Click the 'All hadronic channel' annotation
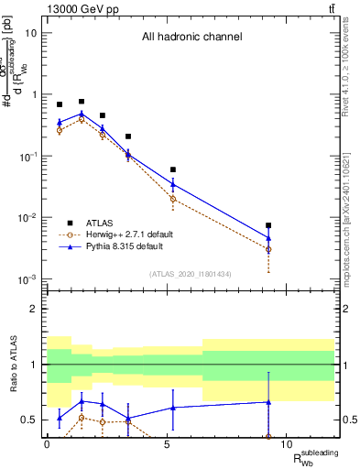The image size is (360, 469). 191,38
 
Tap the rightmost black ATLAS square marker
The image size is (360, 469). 268,225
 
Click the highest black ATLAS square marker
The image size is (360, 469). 82,102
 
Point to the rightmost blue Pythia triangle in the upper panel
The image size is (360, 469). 268,238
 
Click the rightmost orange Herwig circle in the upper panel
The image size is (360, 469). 268,249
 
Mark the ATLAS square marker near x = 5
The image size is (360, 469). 173,169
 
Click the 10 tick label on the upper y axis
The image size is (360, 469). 31,33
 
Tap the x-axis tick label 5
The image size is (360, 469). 166,444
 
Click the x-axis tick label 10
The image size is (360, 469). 286,444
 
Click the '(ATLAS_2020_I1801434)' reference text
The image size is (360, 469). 191,273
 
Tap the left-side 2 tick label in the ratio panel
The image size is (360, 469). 35,309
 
